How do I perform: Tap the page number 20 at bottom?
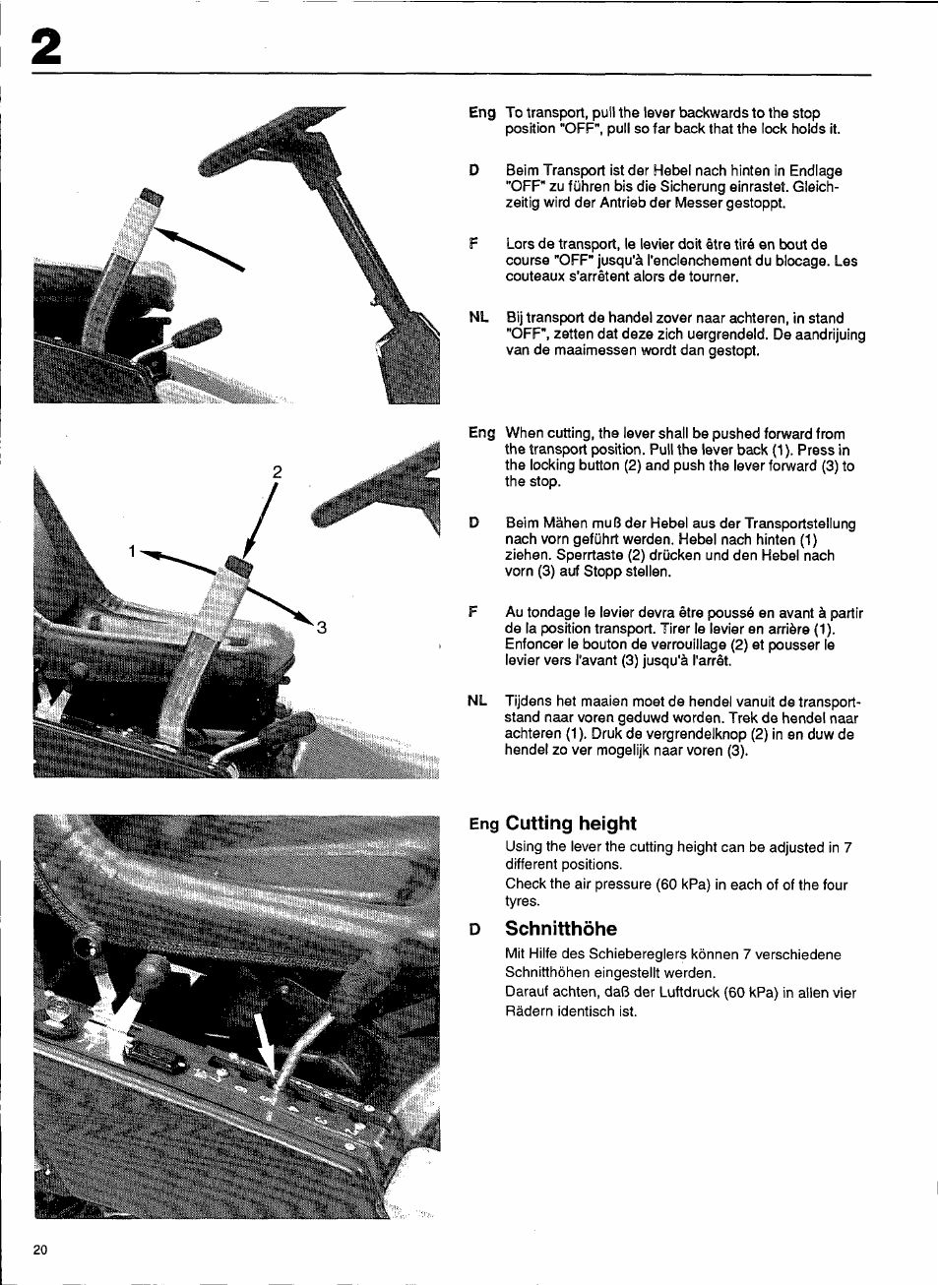(40, 1250)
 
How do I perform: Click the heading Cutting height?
(570, 824)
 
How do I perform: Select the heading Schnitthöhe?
(561, 929)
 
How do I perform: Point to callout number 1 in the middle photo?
(132, 552)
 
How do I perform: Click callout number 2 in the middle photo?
(278, 472)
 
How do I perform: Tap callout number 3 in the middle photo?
(321, 628)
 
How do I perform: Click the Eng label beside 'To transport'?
(481, 113)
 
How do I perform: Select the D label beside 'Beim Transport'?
(474, 171)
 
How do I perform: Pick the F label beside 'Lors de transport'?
(474, 244)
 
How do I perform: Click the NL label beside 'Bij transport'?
(478, 318)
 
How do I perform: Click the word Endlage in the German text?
(816, 171)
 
